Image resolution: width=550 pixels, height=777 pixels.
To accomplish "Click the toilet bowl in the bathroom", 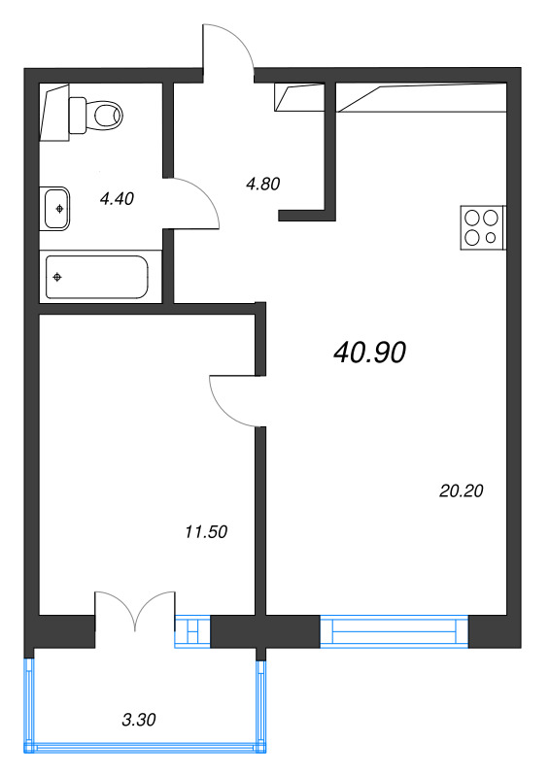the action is pos(107,116).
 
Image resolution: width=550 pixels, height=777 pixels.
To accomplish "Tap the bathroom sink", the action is pos(55,209).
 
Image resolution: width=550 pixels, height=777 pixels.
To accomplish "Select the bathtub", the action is pos(97,277).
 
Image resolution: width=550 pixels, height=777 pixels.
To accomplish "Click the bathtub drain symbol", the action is pos(57,277).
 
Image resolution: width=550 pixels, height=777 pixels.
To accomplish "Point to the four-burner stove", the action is pos(483,227).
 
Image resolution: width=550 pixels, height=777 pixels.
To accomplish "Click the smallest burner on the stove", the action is pos(491,238).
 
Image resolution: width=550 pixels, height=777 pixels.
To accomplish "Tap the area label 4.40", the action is pos(117,199).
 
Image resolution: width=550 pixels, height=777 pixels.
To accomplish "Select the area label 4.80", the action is pos(262,184).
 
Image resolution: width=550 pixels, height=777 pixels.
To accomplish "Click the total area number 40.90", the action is pos(370,353).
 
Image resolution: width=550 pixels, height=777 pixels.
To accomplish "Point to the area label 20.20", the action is pos(462,490).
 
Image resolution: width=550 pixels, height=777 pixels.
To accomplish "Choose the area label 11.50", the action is pos(206,531).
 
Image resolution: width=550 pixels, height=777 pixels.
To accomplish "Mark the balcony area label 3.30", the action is pos(139,719).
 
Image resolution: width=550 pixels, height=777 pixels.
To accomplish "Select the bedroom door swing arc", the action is pos(223,411).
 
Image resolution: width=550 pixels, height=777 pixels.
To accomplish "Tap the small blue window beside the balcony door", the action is pos(193,631).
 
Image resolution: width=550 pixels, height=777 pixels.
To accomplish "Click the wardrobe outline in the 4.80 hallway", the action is pos(299,97).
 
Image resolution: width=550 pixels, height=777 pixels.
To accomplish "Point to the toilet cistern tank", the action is pos(78,116).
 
